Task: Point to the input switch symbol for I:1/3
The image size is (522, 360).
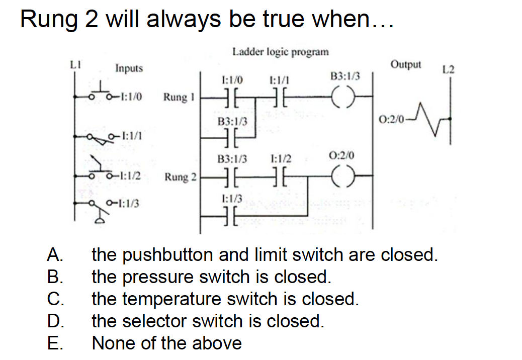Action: click(x=96, y=209)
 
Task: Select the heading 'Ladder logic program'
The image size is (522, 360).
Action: click(x=281, y=52)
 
